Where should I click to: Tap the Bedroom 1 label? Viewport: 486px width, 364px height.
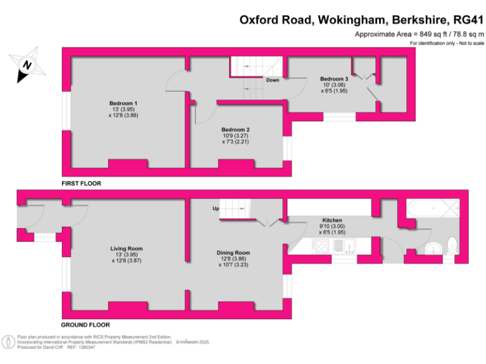pos(123,103)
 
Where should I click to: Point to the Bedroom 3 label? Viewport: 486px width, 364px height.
pos(333,78)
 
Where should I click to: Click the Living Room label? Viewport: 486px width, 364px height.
pos(127,248)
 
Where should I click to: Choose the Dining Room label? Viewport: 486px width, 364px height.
pos(235,253)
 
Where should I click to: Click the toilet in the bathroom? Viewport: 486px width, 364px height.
pos(451,244)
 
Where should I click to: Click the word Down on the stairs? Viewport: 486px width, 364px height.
pos(272,80)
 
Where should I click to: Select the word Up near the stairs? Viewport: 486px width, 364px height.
pos(215,209)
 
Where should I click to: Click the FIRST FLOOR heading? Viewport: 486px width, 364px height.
pos(81,183)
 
